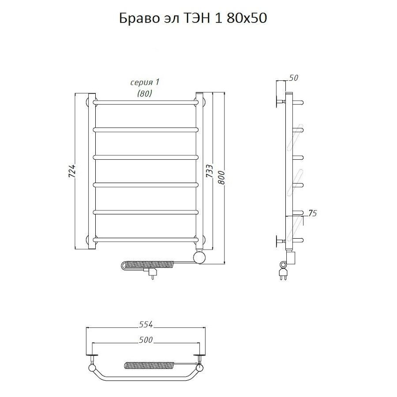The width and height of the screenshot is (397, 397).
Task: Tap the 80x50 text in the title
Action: pos(247,18)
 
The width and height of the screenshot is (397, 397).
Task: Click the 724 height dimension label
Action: pos(72,171)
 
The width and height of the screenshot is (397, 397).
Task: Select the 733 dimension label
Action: pos(209,171)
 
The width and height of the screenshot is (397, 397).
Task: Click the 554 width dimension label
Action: pos(146,324)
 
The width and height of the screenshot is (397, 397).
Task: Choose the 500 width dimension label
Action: pos(146,340)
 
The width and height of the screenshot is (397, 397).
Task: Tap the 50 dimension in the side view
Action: pos(293,78)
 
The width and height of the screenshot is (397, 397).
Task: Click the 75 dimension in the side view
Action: pos(312,213)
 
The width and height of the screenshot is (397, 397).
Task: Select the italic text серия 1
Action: pos(145,82)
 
